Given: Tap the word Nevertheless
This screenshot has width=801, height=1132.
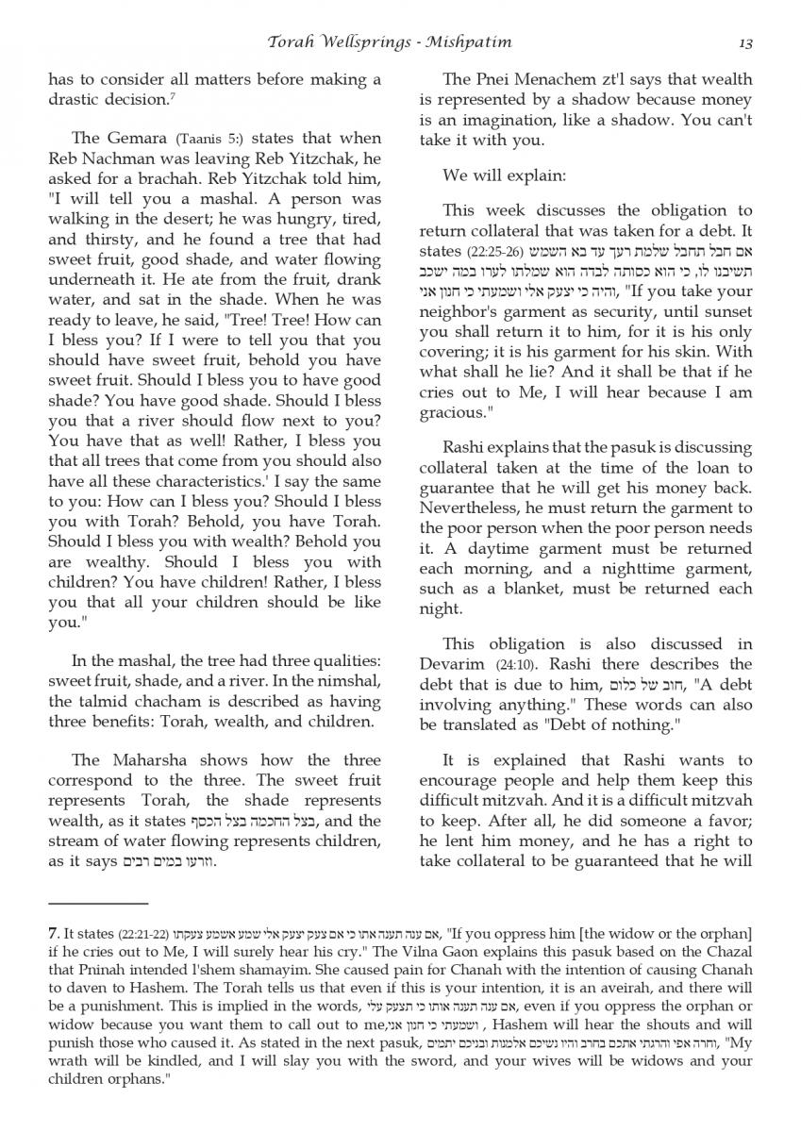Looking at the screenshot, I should [x=469, y=508].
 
